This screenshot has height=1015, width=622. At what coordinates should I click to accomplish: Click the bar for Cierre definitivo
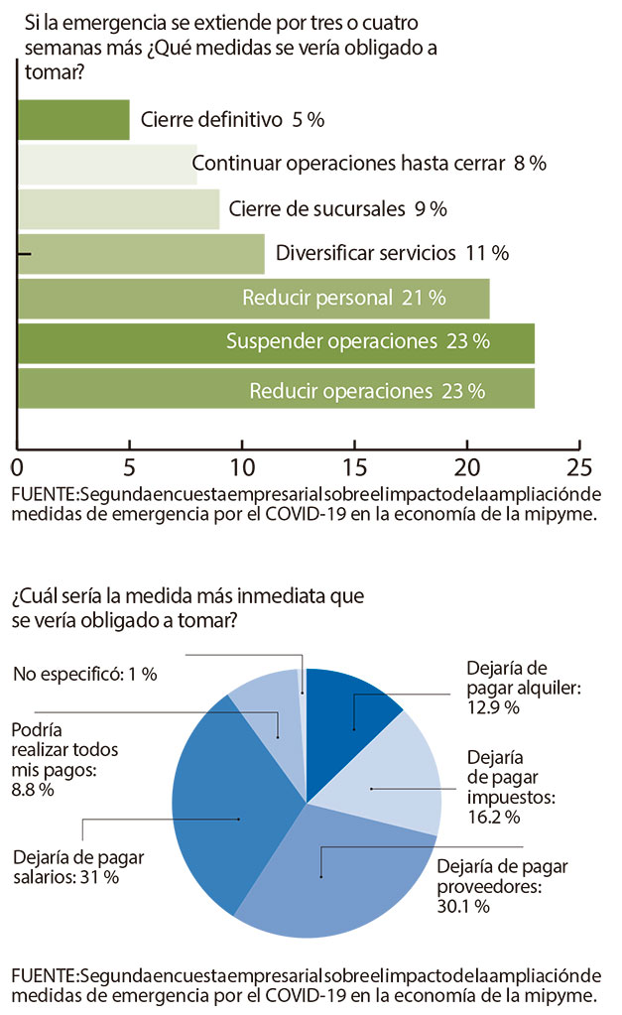click(x=73, y=120)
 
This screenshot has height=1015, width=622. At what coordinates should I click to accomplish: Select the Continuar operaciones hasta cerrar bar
click(x=107, y=165)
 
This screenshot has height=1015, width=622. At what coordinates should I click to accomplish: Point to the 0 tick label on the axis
click(x=18, y=466)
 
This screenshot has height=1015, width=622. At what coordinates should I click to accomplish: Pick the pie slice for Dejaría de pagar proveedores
click(x=327, y=873)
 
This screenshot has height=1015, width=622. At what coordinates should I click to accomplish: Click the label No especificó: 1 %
click(x=85, y=674)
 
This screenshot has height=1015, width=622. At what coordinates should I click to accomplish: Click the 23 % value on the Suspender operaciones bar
click(x=468, y=342)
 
